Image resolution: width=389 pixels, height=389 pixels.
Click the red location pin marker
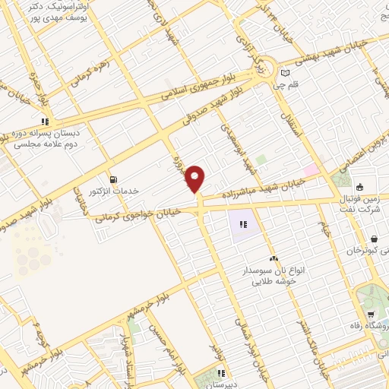click(x=196, y=179)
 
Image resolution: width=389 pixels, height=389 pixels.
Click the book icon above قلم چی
click(x=284, y=74)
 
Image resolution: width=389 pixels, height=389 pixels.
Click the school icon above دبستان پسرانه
click(x=46, y=121)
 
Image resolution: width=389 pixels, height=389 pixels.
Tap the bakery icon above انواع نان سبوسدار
click(x=273, y=259)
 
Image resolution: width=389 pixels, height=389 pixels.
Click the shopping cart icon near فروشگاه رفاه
click(x=370, y=315)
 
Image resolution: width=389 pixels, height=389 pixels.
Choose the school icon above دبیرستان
click(x=220, y=372)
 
